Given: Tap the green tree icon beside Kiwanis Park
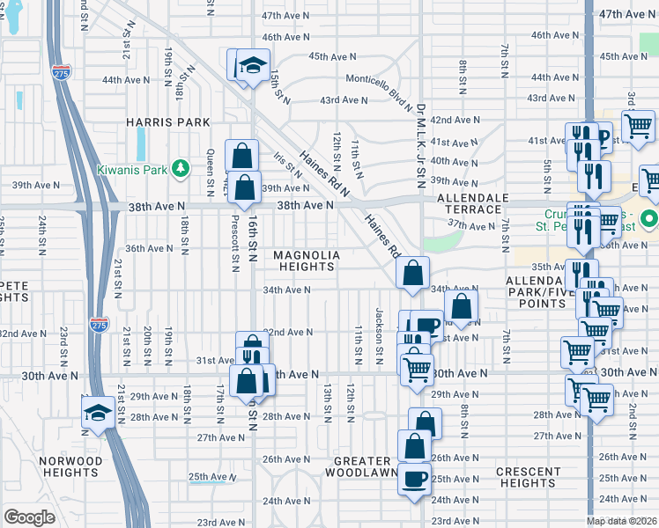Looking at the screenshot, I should (180, 166).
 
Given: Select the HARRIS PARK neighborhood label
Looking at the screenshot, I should (167, 121).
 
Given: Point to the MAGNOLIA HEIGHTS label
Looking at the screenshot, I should (307, 261).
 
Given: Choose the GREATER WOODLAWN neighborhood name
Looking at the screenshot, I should (363, 466).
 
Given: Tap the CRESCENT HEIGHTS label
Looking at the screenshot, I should (527, 477).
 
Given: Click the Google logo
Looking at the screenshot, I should (29, 517).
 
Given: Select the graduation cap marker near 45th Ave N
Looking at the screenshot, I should (254, 65).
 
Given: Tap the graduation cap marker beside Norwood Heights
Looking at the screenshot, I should (97, 412).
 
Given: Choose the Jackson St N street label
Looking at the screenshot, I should (380, 332).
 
